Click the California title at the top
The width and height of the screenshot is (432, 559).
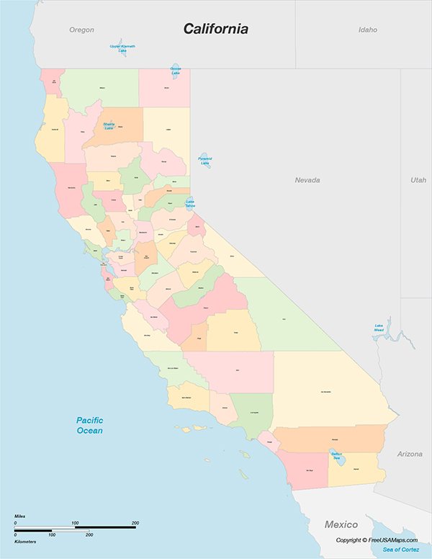coord(215,29)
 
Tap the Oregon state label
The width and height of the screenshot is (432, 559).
coord(81,30)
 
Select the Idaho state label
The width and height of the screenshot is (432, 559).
coord(368,30)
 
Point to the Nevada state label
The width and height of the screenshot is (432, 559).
coord(307,179)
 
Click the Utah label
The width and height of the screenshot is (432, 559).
coord(418,179)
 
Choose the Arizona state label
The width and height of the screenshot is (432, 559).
coord(410,454)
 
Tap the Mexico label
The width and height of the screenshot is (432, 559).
coord(341,524)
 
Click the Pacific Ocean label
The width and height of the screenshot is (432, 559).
coord(90,425)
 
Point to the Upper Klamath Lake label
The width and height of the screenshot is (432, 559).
coord(122,48)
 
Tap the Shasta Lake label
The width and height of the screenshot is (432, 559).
coord(109,125)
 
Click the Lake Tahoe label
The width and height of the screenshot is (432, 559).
coord(189,204)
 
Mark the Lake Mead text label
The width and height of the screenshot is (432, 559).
coord(379,327)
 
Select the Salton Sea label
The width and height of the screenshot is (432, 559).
coord(336,455)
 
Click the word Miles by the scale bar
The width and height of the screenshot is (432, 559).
coord(20,516)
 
